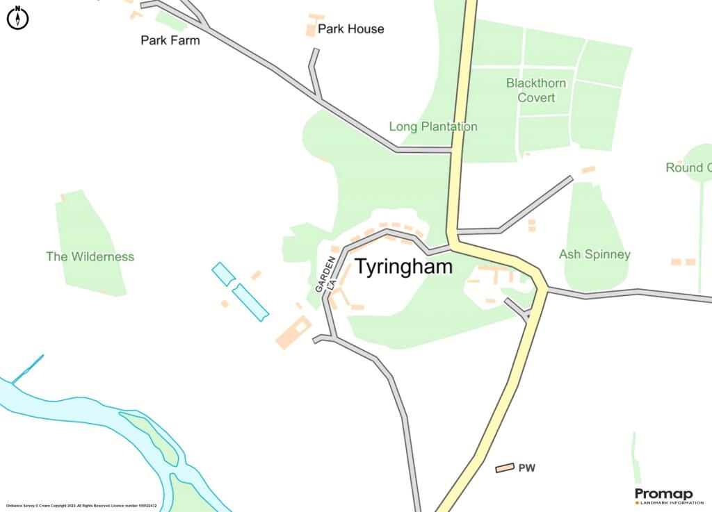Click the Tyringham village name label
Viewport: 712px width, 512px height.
click(x=404, y=267)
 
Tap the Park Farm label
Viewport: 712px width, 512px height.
click(x=170, y=40)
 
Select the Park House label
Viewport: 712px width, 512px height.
click(x=350, y=29)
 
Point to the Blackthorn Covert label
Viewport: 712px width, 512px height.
click(x=536, y=90)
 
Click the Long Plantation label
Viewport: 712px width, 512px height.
click(x=432, y=126)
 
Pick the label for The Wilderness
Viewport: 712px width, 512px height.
click(x=90, y=256)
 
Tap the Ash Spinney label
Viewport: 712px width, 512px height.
click(x=594, y=254)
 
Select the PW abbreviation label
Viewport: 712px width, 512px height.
click(x=526, y=468)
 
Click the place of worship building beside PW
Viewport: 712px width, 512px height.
click(x=505, y=468)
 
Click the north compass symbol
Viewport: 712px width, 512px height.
click(x=17, y=18)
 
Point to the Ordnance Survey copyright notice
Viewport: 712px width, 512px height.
click(x=81, y=506)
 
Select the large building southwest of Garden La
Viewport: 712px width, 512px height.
click(x=293, y=332)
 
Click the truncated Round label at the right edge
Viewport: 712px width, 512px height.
click(x=688, y=167)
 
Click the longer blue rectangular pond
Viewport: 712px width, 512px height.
click(x=250, y=303)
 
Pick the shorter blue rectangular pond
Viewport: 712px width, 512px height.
click(x=224, y=274)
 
